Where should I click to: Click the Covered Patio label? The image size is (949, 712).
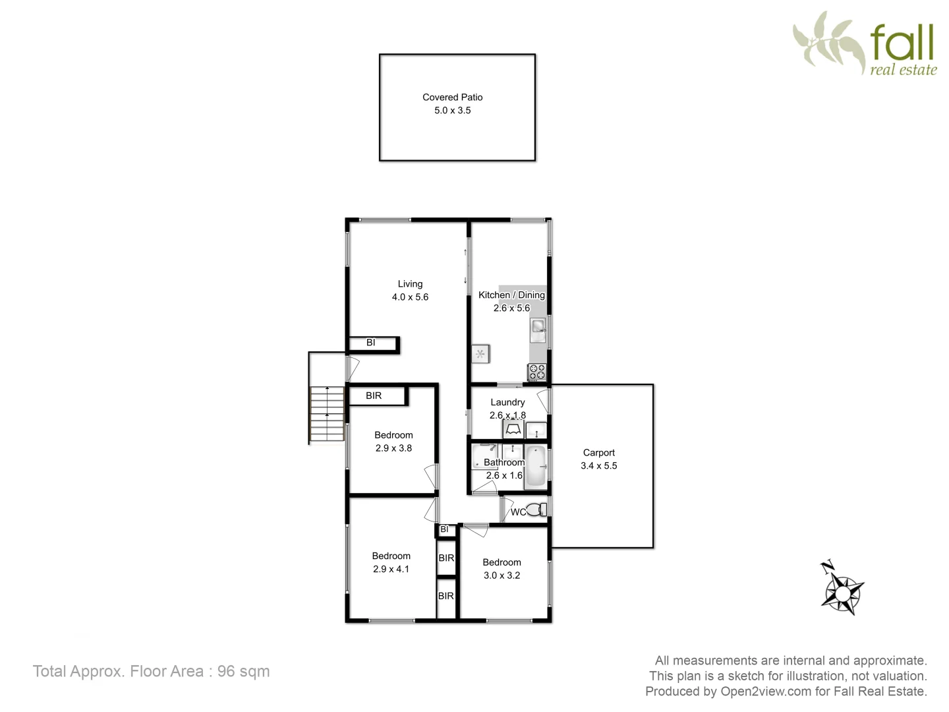(x=452, y=97)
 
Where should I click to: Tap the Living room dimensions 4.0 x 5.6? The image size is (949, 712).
(x=410, y=297)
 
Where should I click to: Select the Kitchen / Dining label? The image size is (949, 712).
(x=511, y=295)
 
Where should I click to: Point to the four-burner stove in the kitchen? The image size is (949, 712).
(x=536, y=372)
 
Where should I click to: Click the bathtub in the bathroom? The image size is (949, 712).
(x=536, y=467)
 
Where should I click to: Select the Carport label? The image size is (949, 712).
(x=598, y=453)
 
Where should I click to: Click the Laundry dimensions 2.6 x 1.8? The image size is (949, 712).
(x=507, y=415)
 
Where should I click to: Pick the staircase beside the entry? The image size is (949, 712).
(x=327, y=414)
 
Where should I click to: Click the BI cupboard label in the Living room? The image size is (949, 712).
(x=370, y=343)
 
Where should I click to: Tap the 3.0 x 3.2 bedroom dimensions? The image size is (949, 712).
(x=502, y=576)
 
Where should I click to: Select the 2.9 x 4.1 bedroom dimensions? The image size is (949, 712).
(x=391, y=569)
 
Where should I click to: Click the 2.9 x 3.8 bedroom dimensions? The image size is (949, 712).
(x=393, y=448)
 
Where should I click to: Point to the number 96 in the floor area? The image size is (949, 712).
(x=226, y=671)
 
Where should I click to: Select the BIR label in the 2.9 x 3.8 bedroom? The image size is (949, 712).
(x=374, y=396)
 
